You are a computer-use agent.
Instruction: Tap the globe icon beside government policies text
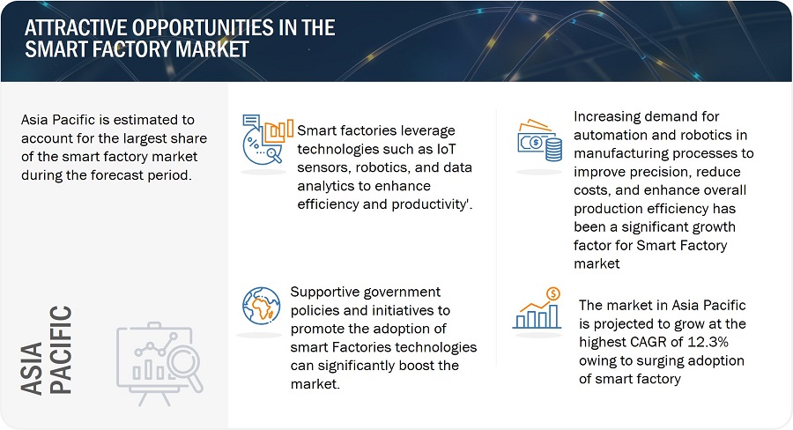pyautogui.click(x=262, y=305)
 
